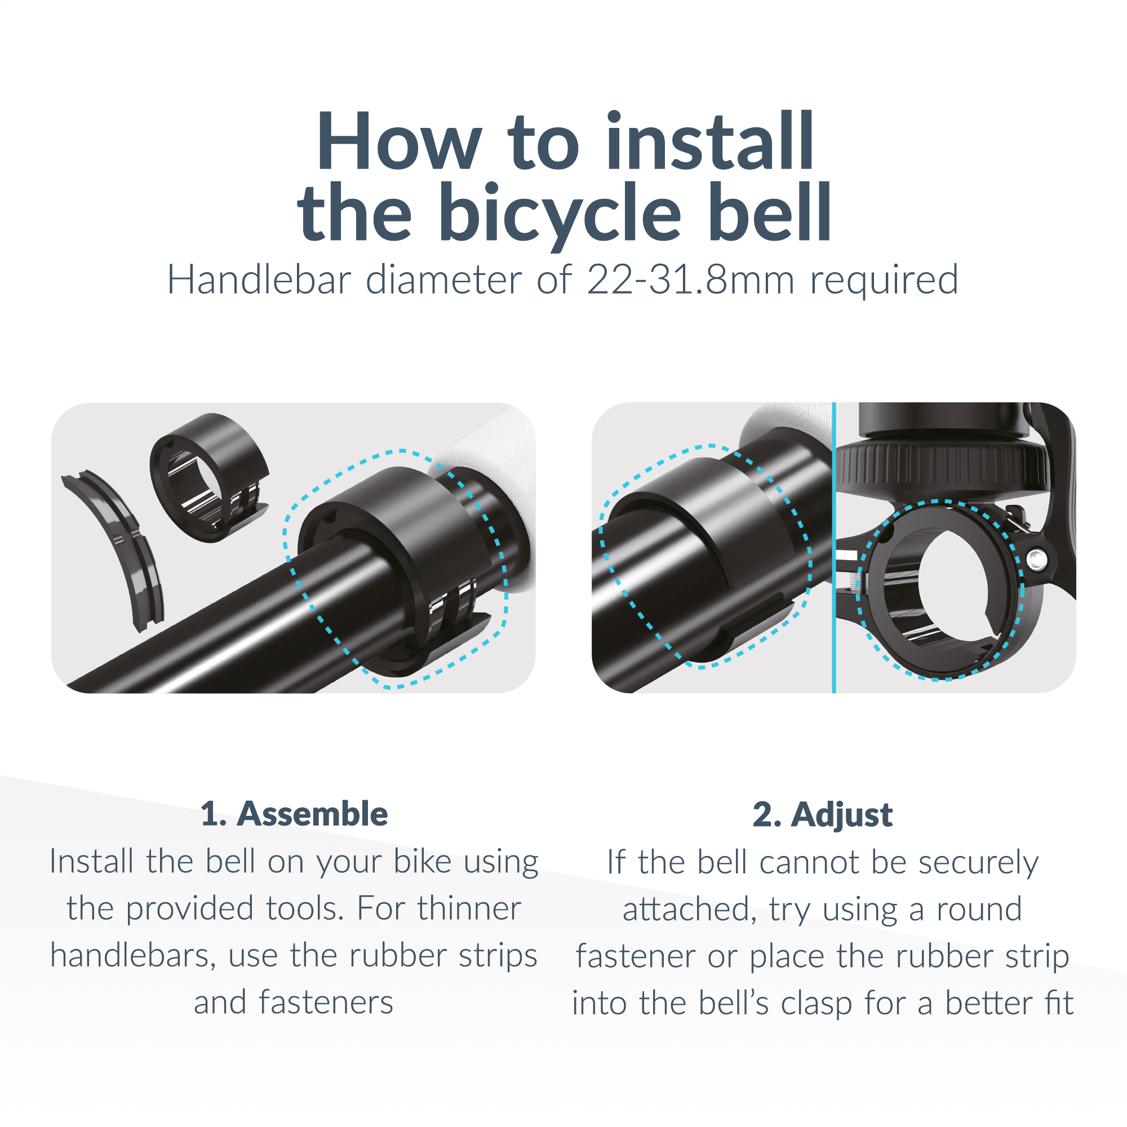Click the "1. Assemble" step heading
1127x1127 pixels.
(x=294, y=814)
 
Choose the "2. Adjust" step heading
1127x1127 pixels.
(x=823, y=814)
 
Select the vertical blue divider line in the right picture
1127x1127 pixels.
(x=834, y=548)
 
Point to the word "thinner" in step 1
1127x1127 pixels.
(x=468, y=908)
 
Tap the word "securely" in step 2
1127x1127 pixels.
(x=978, y=862)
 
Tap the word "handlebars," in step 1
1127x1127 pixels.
(x=132, y=956)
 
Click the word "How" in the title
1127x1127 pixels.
(x=399, y=142)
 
